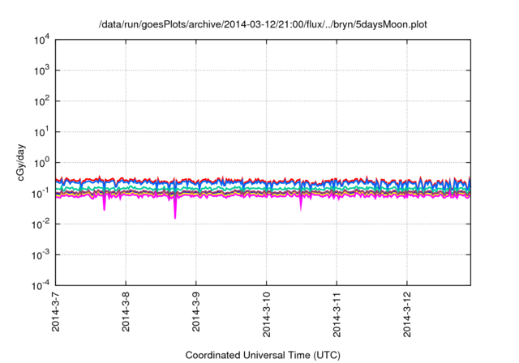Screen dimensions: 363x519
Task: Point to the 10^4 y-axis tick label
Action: tap(40, 40)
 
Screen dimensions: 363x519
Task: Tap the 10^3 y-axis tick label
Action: tap(40, 70)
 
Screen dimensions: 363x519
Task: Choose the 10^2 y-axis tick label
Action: tap(40, 101)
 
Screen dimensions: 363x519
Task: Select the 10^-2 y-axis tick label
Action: tap(40, 224)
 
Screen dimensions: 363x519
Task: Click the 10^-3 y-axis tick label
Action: tap(40, 254)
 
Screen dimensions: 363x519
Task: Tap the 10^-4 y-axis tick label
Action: tap(40, 285)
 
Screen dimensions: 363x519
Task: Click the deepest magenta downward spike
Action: tap(175, 216)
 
